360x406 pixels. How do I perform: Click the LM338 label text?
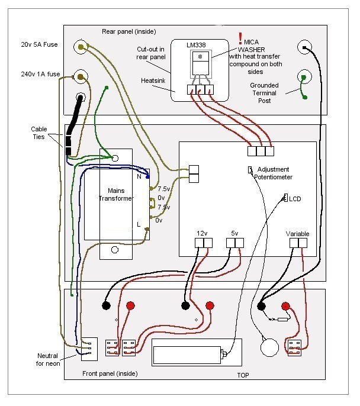[196, 45]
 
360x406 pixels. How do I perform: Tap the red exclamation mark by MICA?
[240, 38]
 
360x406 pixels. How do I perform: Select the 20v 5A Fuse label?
[39, 44]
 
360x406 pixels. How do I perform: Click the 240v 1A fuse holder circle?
[81, 77]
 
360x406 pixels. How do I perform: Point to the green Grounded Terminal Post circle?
[304, 77]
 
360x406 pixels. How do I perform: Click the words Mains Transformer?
[116, 195]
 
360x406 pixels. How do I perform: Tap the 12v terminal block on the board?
[204, 243]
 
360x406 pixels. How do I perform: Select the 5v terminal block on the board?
[235, 243]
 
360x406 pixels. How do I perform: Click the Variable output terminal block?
[298, 243]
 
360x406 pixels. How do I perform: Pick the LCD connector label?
[295, 199]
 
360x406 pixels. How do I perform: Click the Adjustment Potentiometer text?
[273, 173]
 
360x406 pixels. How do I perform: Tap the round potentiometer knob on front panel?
[269, 347]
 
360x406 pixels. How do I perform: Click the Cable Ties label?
[39, 133]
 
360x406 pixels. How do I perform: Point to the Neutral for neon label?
[48, 360]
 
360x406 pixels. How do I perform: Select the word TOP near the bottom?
[243, 375]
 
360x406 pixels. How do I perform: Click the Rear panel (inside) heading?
[128, 31]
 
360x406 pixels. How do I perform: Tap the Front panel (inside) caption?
[110, 373]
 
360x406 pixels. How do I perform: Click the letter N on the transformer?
[139, 176]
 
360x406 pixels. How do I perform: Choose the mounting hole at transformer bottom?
[115, 250]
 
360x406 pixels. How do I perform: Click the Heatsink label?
[153, 80]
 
